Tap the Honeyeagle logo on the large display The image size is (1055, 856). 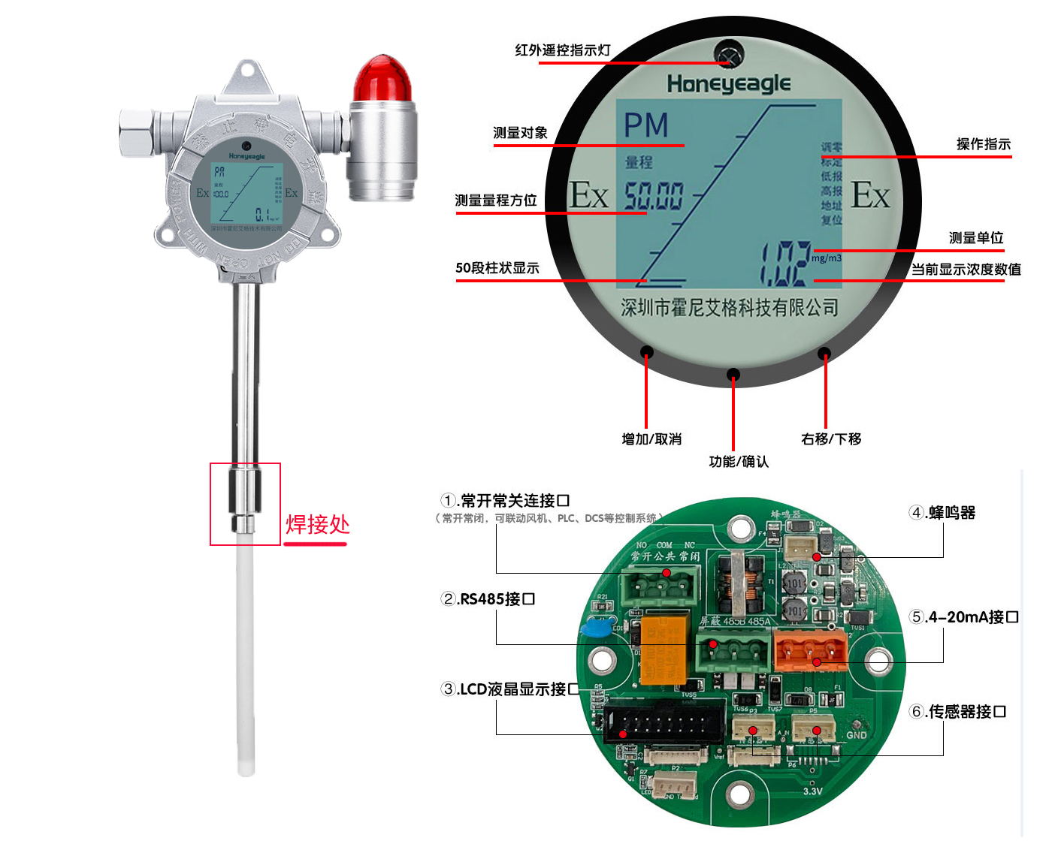(728, 83)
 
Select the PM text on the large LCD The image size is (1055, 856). (645, 125)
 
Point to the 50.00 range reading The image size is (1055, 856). (654, 196)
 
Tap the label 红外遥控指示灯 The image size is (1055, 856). (562, 50)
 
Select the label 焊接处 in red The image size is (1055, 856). (317, 524)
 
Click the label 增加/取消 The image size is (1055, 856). (651, 439)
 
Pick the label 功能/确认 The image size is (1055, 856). (739, 462)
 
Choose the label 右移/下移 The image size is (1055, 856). (831, 439)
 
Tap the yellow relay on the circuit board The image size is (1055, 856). (664, 649)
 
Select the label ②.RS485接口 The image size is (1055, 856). (488, 599)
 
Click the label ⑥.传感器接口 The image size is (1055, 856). (957, 711)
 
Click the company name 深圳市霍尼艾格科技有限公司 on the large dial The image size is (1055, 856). (729, 307)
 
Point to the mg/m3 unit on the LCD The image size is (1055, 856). (826, 258)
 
